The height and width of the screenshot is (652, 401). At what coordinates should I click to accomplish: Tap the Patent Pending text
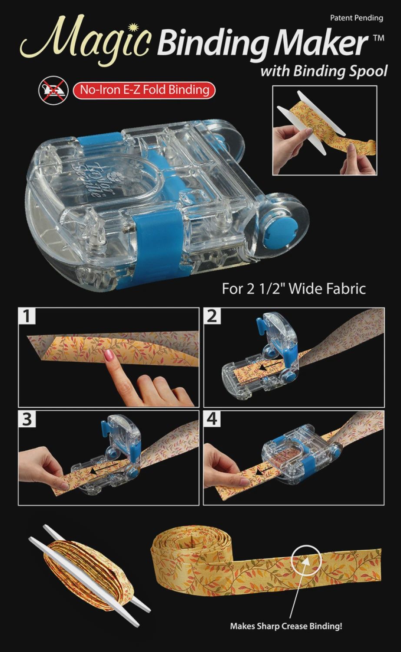[356, 18]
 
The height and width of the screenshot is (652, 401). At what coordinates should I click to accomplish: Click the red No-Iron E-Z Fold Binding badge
[144, 90]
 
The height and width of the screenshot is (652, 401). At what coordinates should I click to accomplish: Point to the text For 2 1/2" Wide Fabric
[294, 289]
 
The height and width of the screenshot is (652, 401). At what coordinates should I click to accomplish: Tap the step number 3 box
[27, 419]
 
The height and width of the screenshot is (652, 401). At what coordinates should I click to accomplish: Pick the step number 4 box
[212, 419]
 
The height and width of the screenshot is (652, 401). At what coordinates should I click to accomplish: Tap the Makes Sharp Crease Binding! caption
[286, 626]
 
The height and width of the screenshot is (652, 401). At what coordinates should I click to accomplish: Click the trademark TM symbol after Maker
[378, 38]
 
